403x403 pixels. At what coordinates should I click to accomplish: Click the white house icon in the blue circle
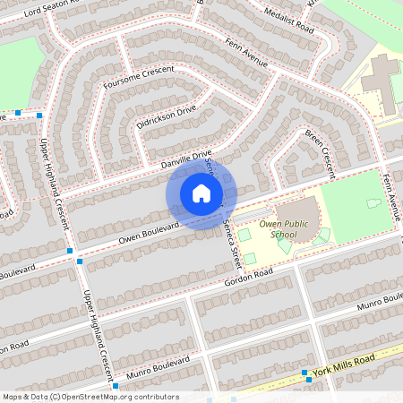(201, 193)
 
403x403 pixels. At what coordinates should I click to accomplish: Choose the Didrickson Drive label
(167, 116)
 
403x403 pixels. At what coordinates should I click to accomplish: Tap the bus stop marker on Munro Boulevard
(116, 386)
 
